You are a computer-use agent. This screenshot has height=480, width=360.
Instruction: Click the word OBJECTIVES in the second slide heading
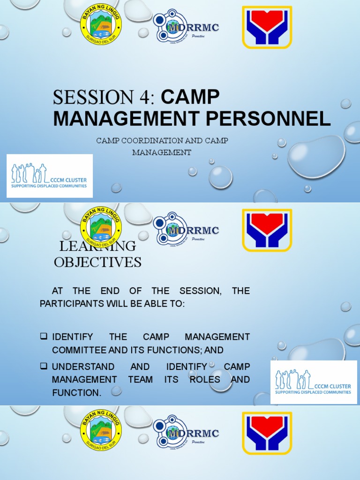[x=97, y=262]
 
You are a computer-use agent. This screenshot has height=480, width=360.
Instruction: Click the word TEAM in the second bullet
[x=140, y=379]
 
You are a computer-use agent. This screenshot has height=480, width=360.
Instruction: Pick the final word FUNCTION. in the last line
[x=76, y=392]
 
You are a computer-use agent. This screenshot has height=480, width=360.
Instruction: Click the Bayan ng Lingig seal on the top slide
[x=101, y=26]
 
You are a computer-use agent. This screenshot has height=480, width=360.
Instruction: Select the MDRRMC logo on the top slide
[x=185, y=27]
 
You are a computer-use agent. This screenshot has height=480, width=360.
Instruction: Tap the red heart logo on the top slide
[x=267, y=27]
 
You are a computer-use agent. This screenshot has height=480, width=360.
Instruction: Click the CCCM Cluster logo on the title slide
[x=49, y=176]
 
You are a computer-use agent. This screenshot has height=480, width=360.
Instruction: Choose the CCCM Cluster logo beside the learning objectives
[x=314, y=382]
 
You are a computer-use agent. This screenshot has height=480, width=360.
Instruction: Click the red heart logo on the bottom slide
[x=267, y=433]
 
